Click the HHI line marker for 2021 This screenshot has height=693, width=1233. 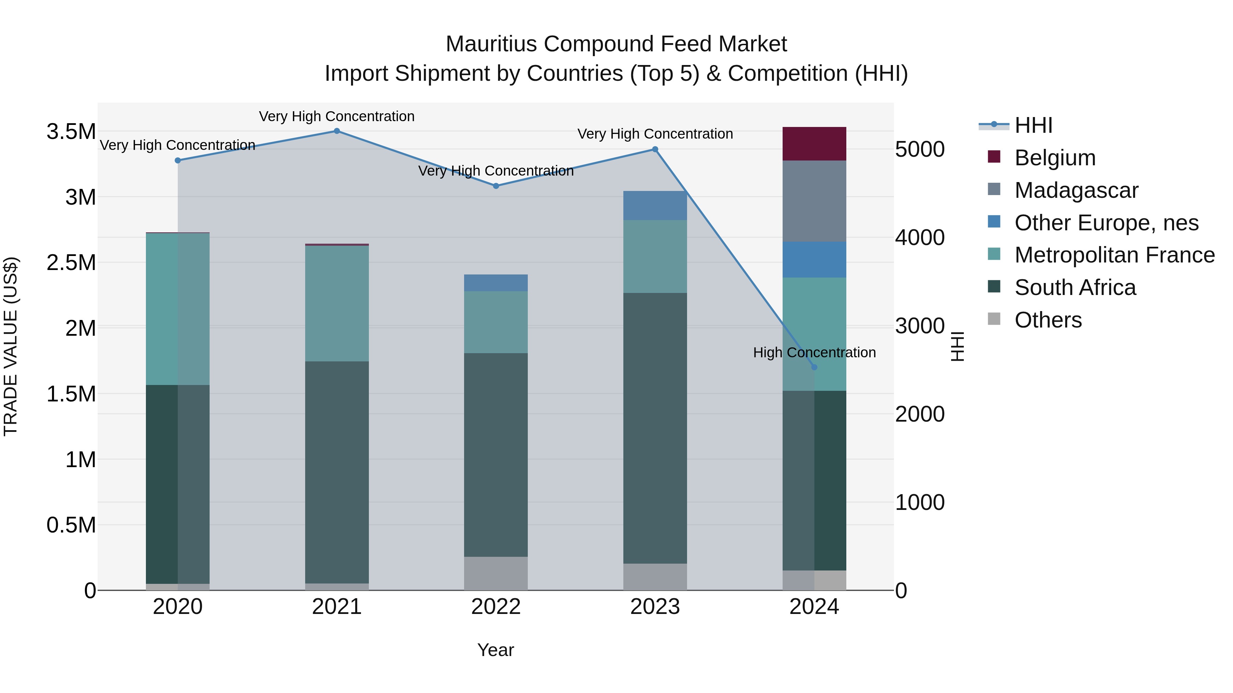(x=336, y=131)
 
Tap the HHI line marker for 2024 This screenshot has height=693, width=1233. (x=814, y=367)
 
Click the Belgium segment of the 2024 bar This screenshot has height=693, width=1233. (x=814, y=143)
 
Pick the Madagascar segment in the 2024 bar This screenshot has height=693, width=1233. (x=814, y=201)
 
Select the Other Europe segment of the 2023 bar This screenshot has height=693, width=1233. (x=655, y=205)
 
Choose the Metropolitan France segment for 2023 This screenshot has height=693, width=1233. (x=655, y=256)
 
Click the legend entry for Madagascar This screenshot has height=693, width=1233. (x=1076, y=190)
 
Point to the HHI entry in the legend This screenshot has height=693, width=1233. (x=1033, y=125)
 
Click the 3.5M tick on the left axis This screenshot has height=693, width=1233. (x=71, y=131)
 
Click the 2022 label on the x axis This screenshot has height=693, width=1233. (x=496, y=607)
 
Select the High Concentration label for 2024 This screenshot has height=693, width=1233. (x=814, y=352)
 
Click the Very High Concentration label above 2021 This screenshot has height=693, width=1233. (x=336, y=116)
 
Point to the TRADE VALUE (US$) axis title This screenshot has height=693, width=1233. (x=11, y=346)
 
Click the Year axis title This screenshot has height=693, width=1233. (x=495, y=650)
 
